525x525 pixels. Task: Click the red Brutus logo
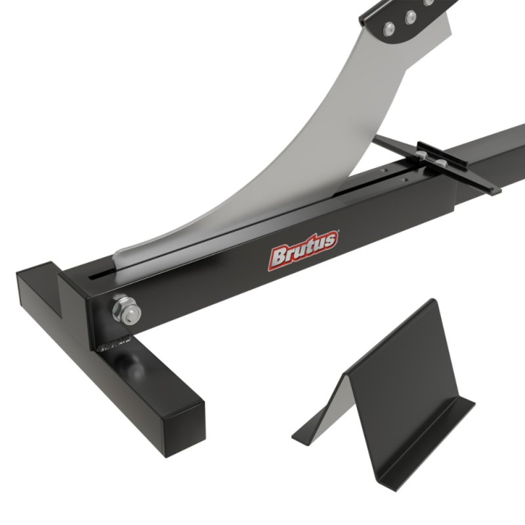[304, 249]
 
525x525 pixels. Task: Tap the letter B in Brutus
[278, 257]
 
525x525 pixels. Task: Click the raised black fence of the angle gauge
[459, 168]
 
